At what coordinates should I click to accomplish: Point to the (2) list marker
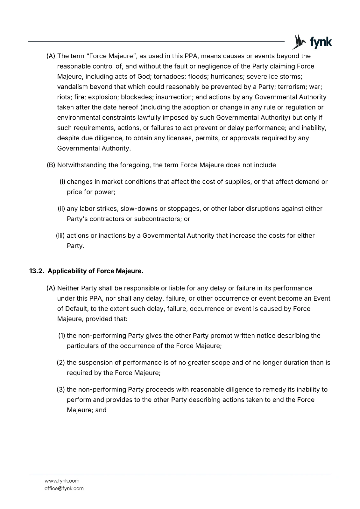61,363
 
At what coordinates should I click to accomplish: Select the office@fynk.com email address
64,488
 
